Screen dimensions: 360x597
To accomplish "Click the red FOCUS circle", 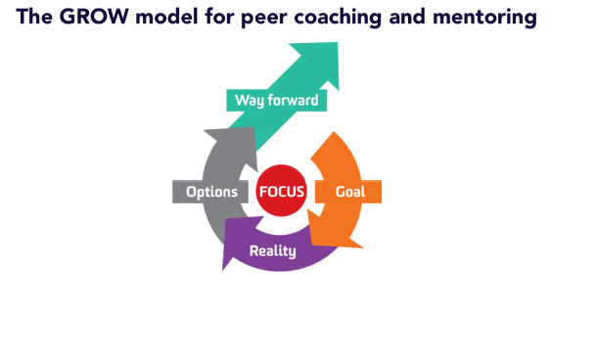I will (281, 192).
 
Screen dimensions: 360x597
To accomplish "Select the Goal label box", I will (350, 192).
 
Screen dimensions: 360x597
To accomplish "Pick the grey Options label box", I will (211, 192).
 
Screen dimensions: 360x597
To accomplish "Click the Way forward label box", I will (276, 100).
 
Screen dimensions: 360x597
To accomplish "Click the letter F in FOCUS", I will (264, 192).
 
